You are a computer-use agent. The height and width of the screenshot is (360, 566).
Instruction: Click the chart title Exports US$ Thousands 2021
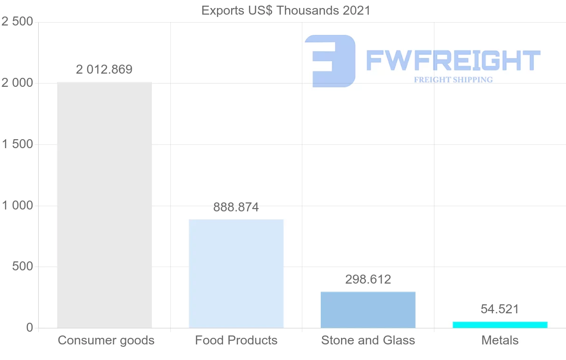(x=286, y=10)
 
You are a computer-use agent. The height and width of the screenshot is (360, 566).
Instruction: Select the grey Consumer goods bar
(x=104, y=205)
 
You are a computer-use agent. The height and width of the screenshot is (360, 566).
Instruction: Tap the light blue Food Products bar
(x=236, y=274)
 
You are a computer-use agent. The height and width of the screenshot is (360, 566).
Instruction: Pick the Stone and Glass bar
(x=368, y=310)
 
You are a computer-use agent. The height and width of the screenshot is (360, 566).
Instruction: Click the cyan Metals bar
(x=500, y=325)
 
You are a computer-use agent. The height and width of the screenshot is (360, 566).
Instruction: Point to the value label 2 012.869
(x=104, y=70)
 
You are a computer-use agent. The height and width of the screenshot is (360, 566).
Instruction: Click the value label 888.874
(x=236, y=207)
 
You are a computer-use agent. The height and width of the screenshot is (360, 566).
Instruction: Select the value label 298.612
(x=368, y=279)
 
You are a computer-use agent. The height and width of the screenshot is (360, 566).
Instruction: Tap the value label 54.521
(x=500, y=309)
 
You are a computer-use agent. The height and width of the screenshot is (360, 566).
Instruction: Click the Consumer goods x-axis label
(x=106, y=340)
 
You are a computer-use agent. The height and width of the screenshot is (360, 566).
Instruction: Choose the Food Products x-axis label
(x=236, y=340)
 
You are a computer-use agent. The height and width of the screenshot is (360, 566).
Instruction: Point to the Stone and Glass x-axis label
(x=368, y=340)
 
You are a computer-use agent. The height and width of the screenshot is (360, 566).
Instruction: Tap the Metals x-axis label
(x=500, y=340)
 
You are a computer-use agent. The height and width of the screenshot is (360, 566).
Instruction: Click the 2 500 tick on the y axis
(x=17, y=22)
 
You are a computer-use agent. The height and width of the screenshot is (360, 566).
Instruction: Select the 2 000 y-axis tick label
(x=17, y=83)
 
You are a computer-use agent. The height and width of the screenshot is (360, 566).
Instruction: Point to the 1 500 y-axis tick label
(x=17, y=144)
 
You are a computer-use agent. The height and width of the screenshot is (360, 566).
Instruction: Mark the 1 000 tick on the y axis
(x=17, y=206)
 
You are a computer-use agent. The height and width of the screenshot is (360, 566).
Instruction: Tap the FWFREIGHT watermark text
(x=453, y=60)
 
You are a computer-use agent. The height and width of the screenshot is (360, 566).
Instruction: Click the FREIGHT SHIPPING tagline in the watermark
(x=453, y=80)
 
